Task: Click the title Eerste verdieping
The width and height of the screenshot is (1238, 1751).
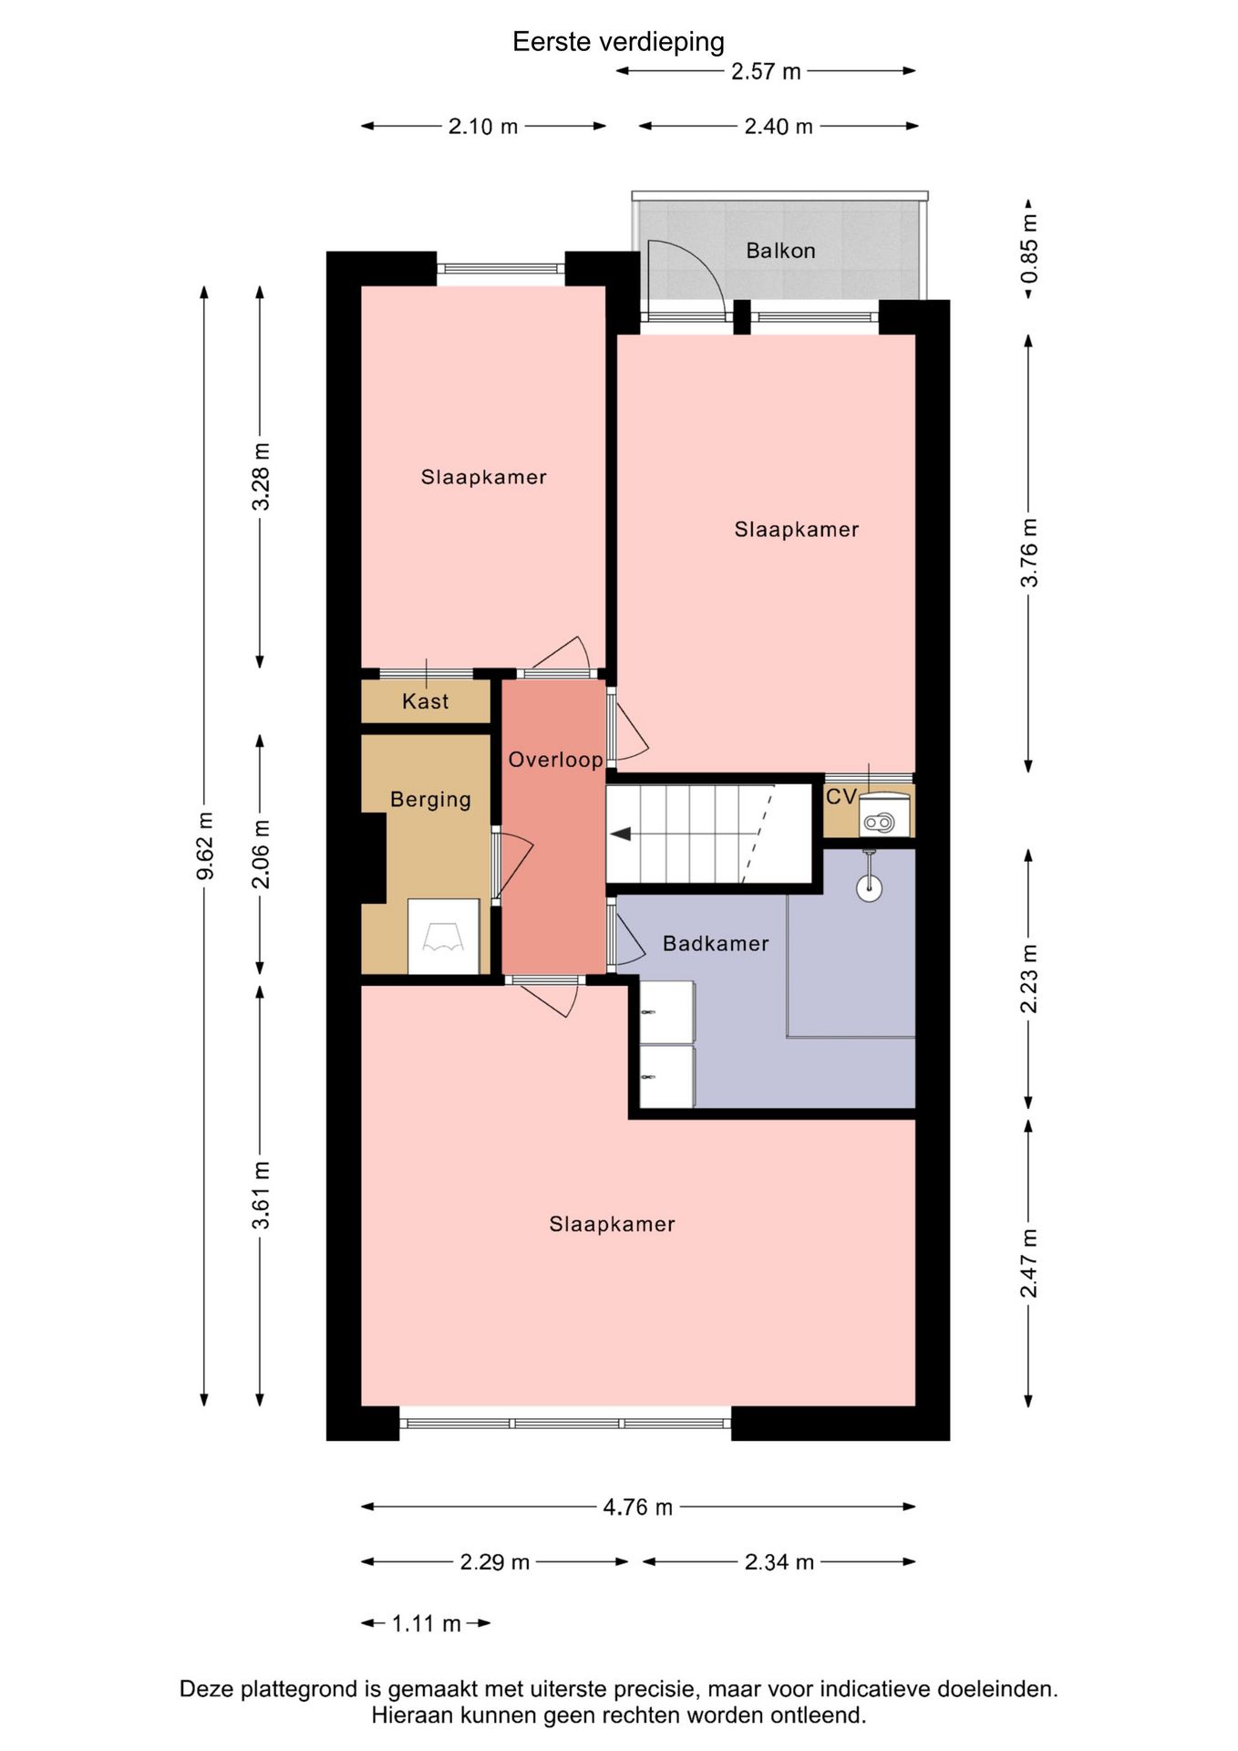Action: [x=618, y=42]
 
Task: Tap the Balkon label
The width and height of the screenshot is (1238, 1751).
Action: [x=780, y=251]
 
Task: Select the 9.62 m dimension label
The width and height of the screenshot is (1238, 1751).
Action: [x=205, y=845]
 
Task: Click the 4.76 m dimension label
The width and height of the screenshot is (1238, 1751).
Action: [x=637, y=1508]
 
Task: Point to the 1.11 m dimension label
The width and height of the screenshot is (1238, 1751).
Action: [x=426, y=1624]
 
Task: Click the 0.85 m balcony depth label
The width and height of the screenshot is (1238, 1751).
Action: [x=1029, y=249]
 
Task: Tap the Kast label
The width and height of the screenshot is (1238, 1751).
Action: [x=425, y=701]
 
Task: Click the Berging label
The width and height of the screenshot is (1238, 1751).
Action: [x=430, y=800]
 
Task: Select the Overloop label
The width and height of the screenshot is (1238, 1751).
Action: [x=555, y=760]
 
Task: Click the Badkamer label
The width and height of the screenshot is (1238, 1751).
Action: [x=716, y=944]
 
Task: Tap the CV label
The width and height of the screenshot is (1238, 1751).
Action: [x=841, y=796]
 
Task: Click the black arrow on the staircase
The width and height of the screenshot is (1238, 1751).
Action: [x=621, y=834]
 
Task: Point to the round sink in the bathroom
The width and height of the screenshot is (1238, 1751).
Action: [x=870, y=888]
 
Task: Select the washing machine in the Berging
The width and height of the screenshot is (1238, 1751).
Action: [x=443, y=937]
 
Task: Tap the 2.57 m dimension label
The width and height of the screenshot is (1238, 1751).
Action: [x=766, y=71]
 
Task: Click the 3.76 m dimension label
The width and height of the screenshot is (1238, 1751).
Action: [x=1029, y=553]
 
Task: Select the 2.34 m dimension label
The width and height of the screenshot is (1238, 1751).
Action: [x=779, y=1562]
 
